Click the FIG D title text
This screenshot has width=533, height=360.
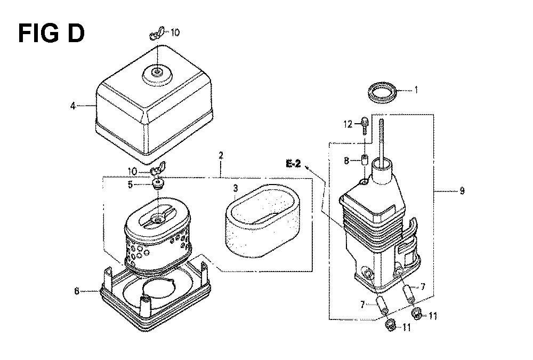(51, 34)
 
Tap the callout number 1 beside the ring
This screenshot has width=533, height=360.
(416, 90)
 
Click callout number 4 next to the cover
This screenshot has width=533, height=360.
(72, 106)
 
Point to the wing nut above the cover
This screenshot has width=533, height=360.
(157, 33)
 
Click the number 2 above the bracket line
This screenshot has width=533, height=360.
(221, 156)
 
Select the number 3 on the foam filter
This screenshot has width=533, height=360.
(236, 188)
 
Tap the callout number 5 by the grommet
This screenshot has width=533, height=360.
(131, 185)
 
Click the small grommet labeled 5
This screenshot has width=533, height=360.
(157, 184)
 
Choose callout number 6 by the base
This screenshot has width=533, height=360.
(77, 291)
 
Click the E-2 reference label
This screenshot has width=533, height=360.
(293, 164)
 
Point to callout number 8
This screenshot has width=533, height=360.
(346, 161)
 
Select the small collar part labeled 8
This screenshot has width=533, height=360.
(364, 159)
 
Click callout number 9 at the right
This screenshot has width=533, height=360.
(462, 191)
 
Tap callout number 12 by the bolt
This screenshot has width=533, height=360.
(348, 124)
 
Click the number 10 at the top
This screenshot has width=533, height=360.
(175, 33)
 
